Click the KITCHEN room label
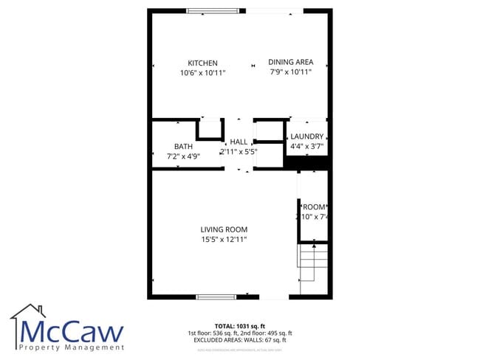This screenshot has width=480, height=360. click(202, 63)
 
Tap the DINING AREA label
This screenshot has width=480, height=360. click(290, 62)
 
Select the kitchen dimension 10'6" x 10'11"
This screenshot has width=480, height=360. click(202, 73)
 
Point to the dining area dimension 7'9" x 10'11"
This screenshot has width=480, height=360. click(290, 72)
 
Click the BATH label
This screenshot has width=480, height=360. click(183, 146)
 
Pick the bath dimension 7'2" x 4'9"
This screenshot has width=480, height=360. click(183, 156)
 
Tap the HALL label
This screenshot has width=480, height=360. click(239, 142)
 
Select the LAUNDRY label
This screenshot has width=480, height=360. click(306, 136)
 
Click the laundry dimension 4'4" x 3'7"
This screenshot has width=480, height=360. click(306, 147)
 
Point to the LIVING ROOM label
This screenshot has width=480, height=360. click(224, 229)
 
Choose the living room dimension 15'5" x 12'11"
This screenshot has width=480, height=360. click(224, 240)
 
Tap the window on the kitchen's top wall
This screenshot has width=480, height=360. click(213, 10)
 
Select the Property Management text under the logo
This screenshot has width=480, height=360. click(73, 347)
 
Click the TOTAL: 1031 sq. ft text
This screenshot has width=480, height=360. click(239, 325)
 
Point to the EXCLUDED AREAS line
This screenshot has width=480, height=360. click(239, 340)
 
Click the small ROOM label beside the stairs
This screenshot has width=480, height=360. click(314, 207)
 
